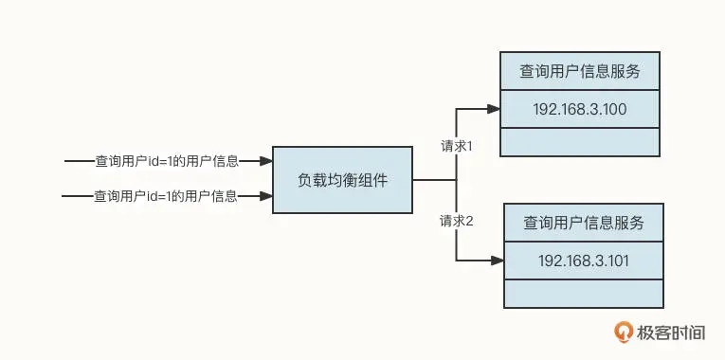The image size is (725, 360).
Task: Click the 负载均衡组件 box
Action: [x=342, y=180]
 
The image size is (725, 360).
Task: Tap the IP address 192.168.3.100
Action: [x=580, y=110]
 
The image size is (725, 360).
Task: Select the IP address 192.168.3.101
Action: [x=584, y=261]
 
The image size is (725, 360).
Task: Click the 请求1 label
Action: [x=456, y=146]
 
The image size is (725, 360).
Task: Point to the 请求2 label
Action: [x=457, y=222]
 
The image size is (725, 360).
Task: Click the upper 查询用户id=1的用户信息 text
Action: [x=167, y=161]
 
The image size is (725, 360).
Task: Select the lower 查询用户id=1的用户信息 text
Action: [x=166, y=196]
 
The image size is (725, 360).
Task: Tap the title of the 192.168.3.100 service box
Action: [x=580, y=72]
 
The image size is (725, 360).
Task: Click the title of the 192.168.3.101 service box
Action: [x=584, y=224]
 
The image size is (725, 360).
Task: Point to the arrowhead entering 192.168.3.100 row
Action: [x=494, y=109]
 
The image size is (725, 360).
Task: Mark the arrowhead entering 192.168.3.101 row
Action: [x=498, y=261]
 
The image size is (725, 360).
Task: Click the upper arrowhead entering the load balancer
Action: [x=266, y=161]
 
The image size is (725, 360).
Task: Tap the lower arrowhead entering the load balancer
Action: [x=266, y=196]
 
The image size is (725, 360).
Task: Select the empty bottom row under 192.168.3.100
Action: [x=580, y=142]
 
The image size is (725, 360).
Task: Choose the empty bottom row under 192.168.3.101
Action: [x=584, y=294]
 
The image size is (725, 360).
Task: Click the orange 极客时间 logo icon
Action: [x=624, y=332]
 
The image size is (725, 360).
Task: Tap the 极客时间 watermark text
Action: [x=671, y=333]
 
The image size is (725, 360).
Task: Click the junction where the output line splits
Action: [x=457, y=180]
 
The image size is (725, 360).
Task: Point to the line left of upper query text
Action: [x=80, y=161]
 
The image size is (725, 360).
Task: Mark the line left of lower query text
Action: [x=78, y=196]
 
